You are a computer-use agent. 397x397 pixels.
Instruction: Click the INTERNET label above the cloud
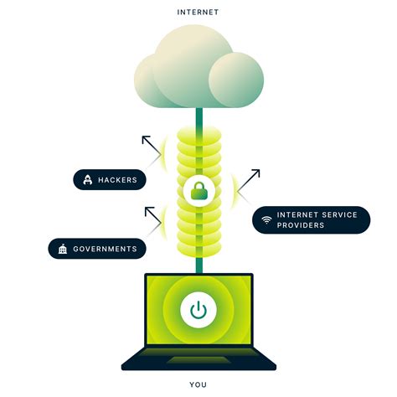point(198,13)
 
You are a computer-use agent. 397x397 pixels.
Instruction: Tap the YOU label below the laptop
point(198,384)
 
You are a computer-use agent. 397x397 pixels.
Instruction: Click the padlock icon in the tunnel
point(198,191)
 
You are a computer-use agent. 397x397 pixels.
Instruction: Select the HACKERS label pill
point(111,179)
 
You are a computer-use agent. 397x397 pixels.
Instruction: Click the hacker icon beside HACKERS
point(86,179)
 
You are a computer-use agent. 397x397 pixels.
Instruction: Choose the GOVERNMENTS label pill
point(98,249)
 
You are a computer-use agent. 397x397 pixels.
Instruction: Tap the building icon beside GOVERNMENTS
point(62,249)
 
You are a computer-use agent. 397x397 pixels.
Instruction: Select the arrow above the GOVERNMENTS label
point(153,215)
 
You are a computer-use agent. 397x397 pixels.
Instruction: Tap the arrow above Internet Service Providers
point(250,178)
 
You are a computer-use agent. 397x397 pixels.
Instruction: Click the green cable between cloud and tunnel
point(198,117)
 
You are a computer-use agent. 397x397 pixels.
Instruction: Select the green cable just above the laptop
point(198,264)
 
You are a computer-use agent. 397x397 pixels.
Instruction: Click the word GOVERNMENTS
point(105,249)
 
